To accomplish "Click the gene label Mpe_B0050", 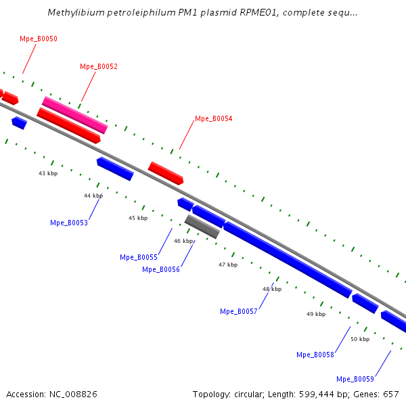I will coord(39,39).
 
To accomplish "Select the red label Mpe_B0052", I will coord(99,66).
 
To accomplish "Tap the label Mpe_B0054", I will coord(214,118).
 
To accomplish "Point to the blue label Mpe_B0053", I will coord(69,223).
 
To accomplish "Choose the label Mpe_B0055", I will coord(139,257).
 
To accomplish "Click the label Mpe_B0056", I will coord(161,269).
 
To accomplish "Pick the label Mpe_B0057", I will coord(239,311).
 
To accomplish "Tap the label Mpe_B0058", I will coord(315,355).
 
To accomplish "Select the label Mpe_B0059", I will coord(355,379).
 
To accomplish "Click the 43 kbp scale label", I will coord(48,173).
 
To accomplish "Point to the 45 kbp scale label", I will coord(138,218).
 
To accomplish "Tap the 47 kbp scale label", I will coord(228,265).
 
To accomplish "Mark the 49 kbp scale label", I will coord(316,314).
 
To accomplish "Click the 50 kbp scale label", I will coord(360,339).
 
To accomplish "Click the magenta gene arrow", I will coord(74,114).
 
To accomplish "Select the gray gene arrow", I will coord(202,227).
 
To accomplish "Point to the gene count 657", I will coord(391,394).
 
